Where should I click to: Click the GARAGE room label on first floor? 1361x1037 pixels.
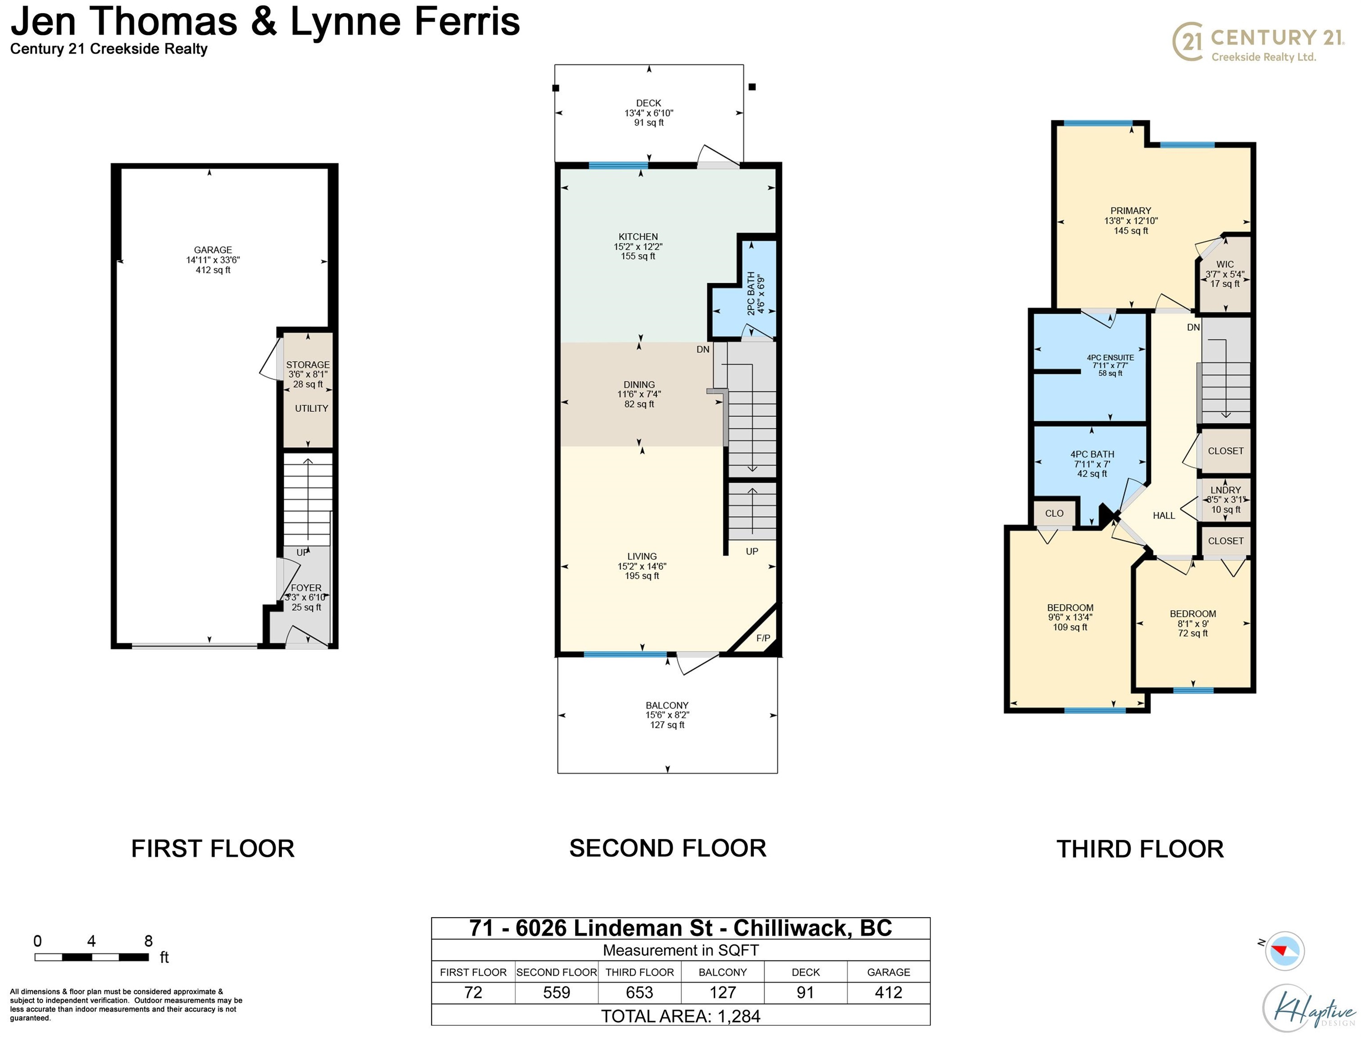pyautogui.click(x=213, y=250)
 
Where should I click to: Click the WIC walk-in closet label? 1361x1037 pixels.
pyautogui.click(x=1225, y=264)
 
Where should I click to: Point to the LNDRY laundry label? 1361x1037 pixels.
pyautogui.click(x=1225, y=490)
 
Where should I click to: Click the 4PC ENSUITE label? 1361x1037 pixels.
pyautogui.click(x=1110, y=357)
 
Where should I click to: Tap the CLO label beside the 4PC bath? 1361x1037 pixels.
pyautogui.click(x=1054, y=514)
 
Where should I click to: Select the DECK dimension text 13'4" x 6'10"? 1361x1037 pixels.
pyautogui.click(x=649, y=113)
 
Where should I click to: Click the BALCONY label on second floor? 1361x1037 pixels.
pyautogui.click(x=667, y=705)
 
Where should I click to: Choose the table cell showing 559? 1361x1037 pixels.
pyautogui.click(x=556, y=992)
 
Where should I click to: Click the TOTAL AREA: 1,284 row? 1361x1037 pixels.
pyautogui.click(x=680, y=1016)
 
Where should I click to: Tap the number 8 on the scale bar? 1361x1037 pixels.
pyautogui.click(x=148, y=941)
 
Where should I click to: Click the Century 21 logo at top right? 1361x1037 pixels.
pyautogui.click(x=1258, y=42)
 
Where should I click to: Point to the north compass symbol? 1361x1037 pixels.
pyautogui.click(x=1284, y=951)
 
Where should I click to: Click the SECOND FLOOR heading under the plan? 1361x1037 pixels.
pyautogui.click(x=667, y=848)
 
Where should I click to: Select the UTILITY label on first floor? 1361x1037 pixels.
pyautogui.click(x=311, y=409)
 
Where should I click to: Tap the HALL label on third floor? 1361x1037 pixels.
pyautogui.click(x=1163, y=515)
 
